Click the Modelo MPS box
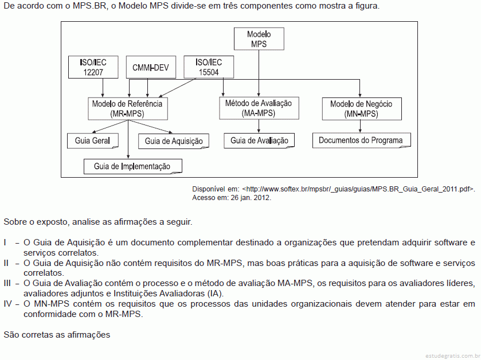(x=259, y=39)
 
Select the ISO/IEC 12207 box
(x=93, y=67)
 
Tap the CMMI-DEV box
(x=151, y=67)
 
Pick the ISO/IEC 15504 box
(x=209, y=67)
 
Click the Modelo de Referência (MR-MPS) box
(x=128, y=108)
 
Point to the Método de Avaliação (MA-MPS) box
(x=259, y=108)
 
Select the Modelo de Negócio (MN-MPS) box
(x=362, y=109)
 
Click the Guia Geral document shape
(x=93, y=141)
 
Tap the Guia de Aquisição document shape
(x=174, y=142)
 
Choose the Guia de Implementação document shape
(x=133, y=166)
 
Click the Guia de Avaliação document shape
(x=259, y=141)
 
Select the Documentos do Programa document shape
(x=362, y=140)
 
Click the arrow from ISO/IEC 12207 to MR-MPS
(x=103, y=88)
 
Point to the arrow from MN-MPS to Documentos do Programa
(x=360, y=126)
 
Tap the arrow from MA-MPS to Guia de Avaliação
(x=259, y=126)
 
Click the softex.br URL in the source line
(x=359, y=189)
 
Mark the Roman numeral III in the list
(x=7, y=283)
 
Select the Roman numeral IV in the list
(x=7, y=304)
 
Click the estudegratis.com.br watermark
(x=453, y=356)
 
